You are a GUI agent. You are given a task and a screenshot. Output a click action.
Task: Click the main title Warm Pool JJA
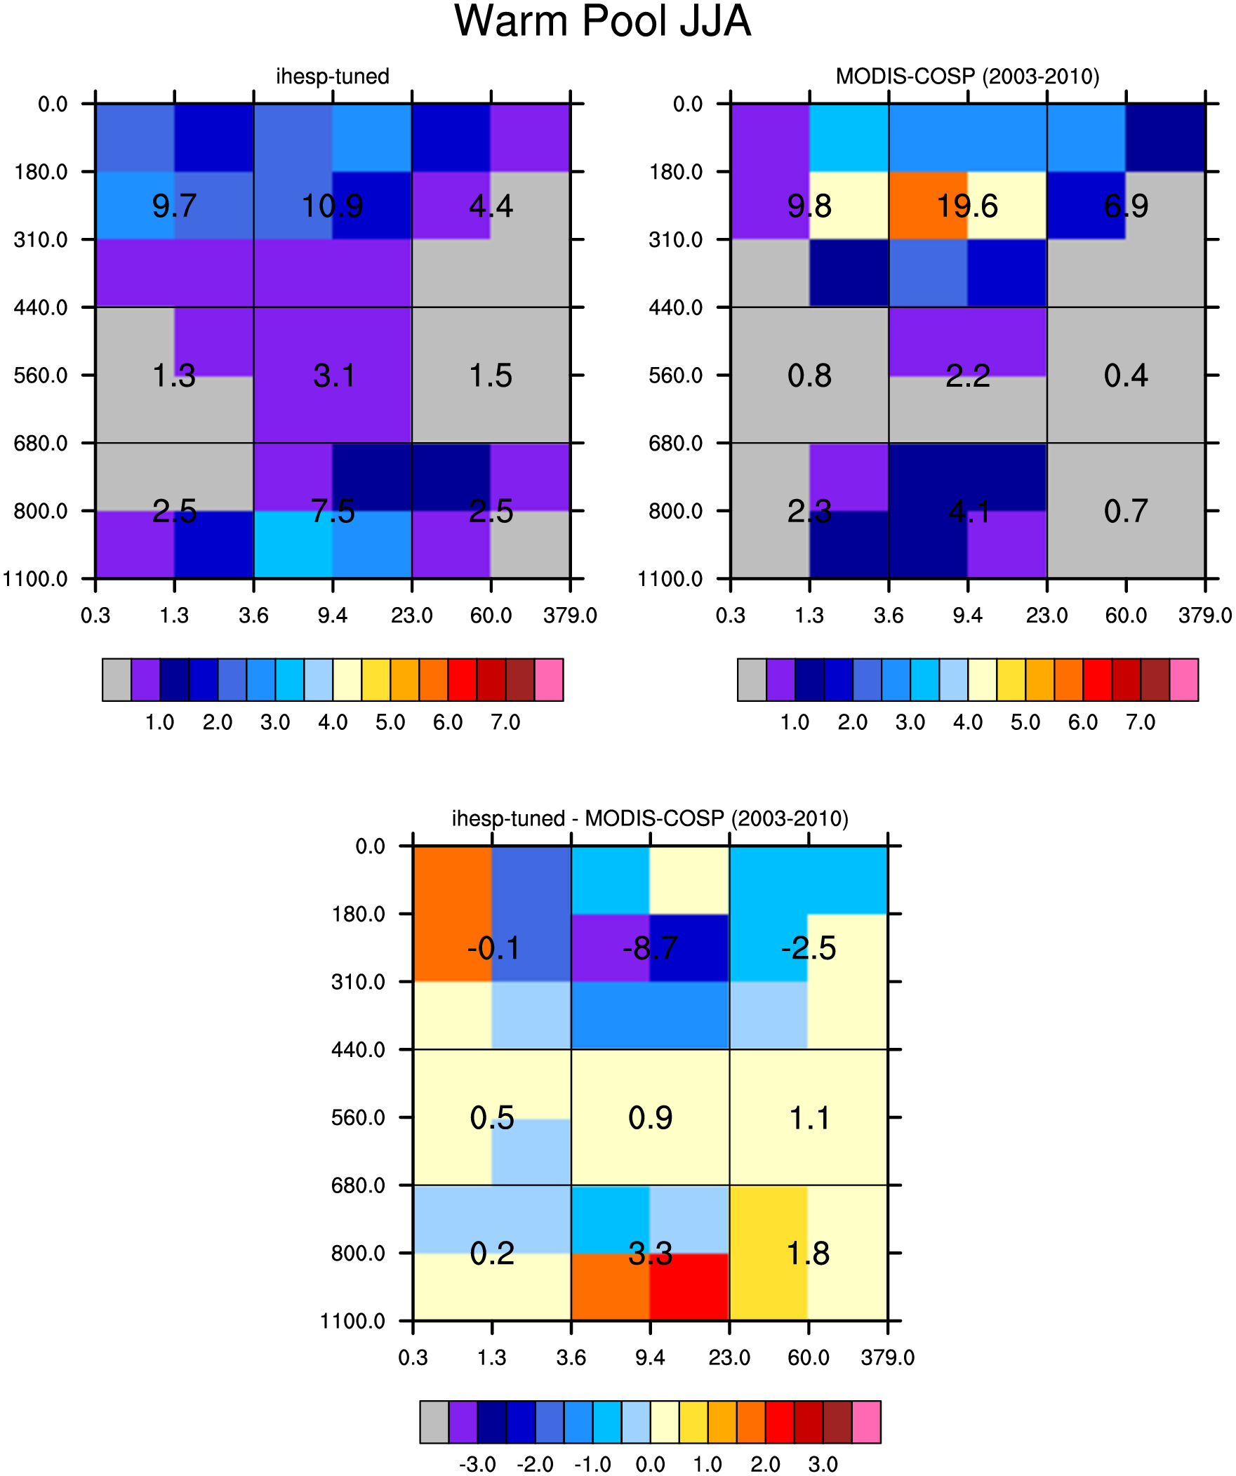click(602, 21)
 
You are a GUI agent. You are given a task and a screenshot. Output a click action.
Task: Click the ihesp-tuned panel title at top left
click(333, 76)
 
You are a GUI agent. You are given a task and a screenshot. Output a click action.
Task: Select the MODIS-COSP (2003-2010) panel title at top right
click(967, 76)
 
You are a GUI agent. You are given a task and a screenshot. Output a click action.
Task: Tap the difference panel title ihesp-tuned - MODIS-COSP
click(650, 818)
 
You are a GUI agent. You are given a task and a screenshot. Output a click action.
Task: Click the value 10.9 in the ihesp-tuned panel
click(333, 206)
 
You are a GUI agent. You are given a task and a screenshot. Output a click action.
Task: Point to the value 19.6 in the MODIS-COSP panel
click(967, 206)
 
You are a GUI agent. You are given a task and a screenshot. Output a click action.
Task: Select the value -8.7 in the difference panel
click(650, 948)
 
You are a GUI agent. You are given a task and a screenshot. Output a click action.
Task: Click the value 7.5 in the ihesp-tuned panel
click(333, 511)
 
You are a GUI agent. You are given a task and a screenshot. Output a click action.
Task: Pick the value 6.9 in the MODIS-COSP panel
click(1127, 206)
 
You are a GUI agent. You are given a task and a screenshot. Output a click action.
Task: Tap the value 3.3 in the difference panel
click(650, 1254)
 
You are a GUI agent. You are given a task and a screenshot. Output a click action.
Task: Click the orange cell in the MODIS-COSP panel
click(928, 206)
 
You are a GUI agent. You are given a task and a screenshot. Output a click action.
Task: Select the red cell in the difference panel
click(689, 1287)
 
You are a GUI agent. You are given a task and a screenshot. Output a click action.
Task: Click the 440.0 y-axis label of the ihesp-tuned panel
click(41, 307)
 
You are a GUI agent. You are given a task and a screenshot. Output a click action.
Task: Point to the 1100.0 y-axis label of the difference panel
click(353, 1322)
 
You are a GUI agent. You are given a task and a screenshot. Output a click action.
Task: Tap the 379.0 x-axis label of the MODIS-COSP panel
click(1205, 616)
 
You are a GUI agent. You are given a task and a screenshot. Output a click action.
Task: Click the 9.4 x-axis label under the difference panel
click(650, 1358)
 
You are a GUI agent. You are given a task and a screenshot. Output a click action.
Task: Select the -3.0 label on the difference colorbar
click(477, 1465)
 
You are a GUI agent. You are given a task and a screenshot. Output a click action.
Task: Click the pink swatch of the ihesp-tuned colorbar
click(548, 679)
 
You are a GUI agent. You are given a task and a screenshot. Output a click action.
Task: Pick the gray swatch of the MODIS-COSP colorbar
click(752, 679)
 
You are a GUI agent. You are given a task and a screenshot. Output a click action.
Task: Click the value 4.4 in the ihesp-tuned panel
click(491, 206)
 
